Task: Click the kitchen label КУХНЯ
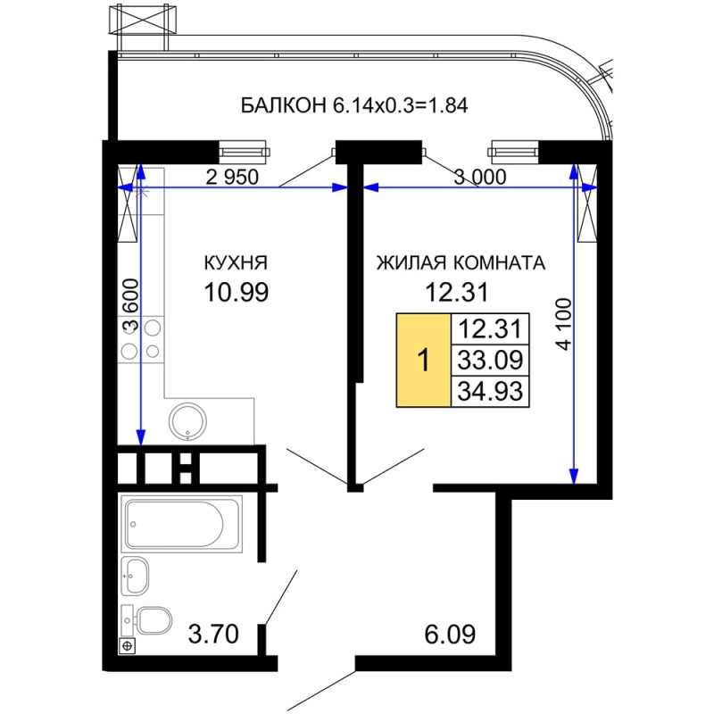236,263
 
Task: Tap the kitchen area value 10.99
237,293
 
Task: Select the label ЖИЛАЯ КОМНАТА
461,263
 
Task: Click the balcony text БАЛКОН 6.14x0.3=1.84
354,105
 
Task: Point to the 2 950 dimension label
232,177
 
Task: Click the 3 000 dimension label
480,177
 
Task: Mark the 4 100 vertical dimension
564,324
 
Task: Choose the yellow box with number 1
423,360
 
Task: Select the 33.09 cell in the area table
490,361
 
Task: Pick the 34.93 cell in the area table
490,391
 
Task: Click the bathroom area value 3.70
213,634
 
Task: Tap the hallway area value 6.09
450,634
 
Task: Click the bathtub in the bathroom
181,524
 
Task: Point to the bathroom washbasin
136,576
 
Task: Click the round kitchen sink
187,420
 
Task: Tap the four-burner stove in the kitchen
141,339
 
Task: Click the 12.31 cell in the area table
490,328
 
